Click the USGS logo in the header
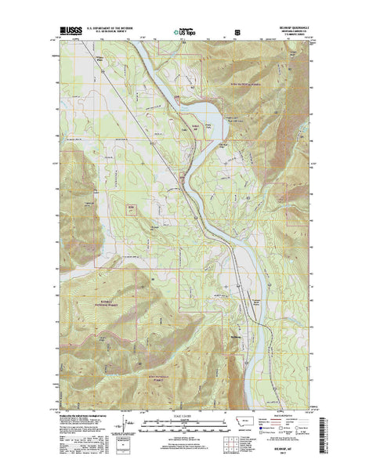click(68, 33)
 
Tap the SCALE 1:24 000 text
click(186, 411)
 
